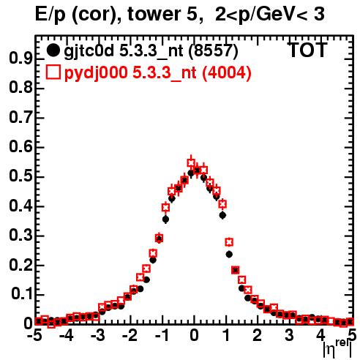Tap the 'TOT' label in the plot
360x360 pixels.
(x=307, y=50)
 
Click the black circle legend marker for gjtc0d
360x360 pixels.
(x=53, y=50)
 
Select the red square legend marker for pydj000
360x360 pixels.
(x=53, y=72)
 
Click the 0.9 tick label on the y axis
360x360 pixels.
(x=20, y=59)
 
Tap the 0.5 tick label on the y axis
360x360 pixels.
(x=20, y=176)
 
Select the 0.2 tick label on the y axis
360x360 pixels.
(x=20, y=265)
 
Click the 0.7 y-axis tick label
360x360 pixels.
(x=20, y=118)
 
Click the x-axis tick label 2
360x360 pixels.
(x=258, y=335)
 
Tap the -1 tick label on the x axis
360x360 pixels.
(x=161, y=335)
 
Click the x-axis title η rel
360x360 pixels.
(x=337, y=349)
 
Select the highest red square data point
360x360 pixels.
(x=191, y=162)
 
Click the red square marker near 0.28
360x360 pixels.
(x=229, y=242)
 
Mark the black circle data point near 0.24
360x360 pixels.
(x=229, y=255)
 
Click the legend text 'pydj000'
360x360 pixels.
(x=96, y=73)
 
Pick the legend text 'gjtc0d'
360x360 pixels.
(x=89, y=51)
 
